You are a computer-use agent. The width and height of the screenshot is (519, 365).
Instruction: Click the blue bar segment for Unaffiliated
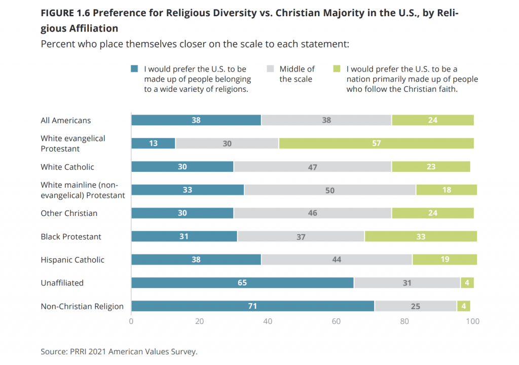tap(242, 283)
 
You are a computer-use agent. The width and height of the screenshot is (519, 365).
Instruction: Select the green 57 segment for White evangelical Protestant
tap(376, 143)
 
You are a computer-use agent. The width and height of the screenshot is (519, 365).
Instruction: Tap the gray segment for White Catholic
tap(312, 167)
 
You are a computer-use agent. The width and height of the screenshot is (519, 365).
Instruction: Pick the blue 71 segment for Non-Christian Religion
tap(252, 306)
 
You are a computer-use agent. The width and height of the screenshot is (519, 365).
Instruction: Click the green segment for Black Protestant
tap(421, 237)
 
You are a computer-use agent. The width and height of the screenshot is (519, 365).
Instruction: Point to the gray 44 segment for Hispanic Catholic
tap(337, 260)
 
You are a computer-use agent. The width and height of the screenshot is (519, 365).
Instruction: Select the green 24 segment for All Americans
tap(432, 120)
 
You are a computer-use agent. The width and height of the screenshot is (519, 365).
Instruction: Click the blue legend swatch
tap(134, 69)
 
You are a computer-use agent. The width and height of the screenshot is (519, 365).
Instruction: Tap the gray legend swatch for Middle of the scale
tap(270, 69)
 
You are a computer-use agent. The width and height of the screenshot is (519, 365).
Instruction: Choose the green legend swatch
tap(337, 69)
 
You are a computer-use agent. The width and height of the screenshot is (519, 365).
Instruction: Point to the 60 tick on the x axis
tap(336, 321)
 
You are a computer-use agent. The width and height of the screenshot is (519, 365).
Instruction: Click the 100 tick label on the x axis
tap(472, 321)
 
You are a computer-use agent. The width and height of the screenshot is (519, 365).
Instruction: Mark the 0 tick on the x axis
tap(131, 321)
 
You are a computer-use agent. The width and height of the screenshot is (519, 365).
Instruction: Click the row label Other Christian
tap(69, 213)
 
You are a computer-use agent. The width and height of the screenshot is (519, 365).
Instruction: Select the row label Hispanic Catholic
tap(72, 260)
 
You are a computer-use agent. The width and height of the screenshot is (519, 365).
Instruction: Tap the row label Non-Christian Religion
tap(82, 306)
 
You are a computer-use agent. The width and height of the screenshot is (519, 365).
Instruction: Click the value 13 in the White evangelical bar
tap(153, 143)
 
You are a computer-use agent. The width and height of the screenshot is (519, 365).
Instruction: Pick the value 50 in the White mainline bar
tap(330, 190)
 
